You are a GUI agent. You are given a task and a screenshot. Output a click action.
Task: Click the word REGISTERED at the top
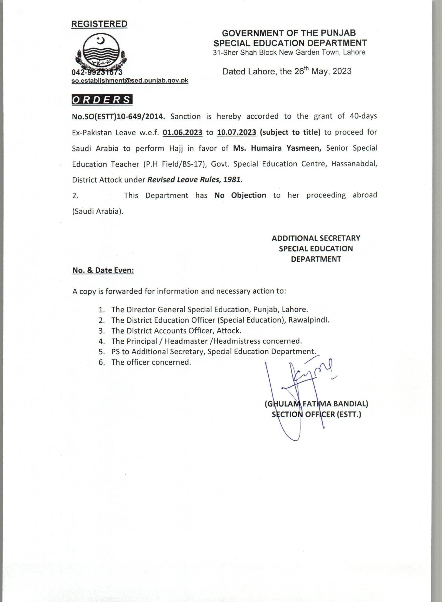coord(99,24)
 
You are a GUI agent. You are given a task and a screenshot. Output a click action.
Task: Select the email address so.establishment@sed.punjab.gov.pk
coord(130,80)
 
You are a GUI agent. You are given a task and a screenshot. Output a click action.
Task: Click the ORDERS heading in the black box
coord(102,100)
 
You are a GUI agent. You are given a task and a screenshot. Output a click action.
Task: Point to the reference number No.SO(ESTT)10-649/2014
coord(117,117)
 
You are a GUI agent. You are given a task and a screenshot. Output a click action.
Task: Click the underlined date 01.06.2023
coord(183,132)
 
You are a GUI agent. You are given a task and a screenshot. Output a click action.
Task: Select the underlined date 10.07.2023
coord(237,132)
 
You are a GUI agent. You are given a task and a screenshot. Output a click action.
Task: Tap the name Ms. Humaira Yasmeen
coord(277,148)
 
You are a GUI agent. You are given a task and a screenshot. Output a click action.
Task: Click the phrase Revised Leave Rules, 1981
coord(195,180)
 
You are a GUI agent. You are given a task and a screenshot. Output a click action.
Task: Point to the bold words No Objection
coord(240,195)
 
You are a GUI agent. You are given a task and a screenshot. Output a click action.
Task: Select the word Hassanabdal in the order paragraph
coord(354,164)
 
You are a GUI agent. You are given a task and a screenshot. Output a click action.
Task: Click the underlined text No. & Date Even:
coord(103,270)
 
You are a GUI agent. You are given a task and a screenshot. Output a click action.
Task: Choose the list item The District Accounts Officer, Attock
coord(176,331)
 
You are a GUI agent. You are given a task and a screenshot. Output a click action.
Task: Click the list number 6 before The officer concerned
coord(101,362)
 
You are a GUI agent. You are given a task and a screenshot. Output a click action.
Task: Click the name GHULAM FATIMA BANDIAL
coord(316,404)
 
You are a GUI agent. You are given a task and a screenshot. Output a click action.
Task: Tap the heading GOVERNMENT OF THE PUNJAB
coord(289,33)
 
